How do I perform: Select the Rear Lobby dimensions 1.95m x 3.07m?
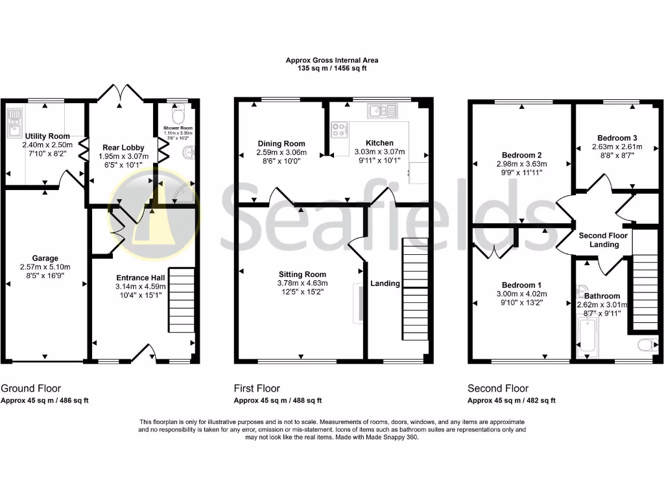click(x=123, y=156)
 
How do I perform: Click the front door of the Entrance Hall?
click(x=144, y=354)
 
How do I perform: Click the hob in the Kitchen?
click(x=340, y=130)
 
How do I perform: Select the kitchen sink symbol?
click(x=382, y=111)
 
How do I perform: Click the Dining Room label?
click(x=281, y=144)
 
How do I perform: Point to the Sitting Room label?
click(x=302, y=274)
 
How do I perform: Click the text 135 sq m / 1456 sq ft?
click(x=332, y=68)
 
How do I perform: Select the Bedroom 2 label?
click(x=521, y=155)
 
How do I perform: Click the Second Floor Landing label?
click(x=603, y=240)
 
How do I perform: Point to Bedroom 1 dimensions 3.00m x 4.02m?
click(x=521, y=294)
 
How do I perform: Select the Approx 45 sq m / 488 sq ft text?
click(x=278, y=401)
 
